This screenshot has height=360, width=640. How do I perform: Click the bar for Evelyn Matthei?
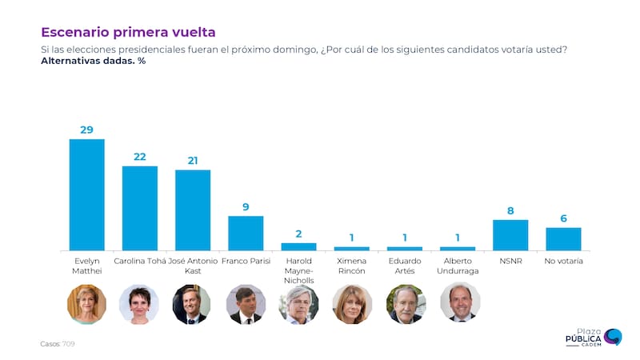[86, 194]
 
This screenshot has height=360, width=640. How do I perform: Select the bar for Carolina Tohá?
[139, 208]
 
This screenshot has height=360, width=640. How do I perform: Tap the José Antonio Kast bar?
[193, 210]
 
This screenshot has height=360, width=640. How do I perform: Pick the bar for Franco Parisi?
[246, 233]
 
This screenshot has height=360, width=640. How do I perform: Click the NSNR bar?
[510, 234]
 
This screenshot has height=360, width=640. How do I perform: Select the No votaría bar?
[563, 238]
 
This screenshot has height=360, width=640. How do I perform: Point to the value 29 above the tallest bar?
[86, 130]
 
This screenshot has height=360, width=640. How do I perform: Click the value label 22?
[139, 157]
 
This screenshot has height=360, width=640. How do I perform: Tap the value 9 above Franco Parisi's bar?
[246, 207]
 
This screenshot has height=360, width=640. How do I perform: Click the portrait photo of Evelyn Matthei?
[86, 304]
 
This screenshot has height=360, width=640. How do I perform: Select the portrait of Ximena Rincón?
[351, 304]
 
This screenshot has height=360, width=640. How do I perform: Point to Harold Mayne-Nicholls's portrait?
[298, 304]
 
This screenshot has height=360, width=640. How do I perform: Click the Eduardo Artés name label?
[404, 266]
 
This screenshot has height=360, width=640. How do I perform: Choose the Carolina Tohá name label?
[139, 262]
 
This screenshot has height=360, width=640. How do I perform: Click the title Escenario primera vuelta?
[128, 32]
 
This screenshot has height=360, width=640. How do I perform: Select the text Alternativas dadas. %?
[93, 61]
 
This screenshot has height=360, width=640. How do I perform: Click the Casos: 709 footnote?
[58, 343]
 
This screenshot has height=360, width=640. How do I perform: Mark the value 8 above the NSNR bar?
[510, 211]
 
